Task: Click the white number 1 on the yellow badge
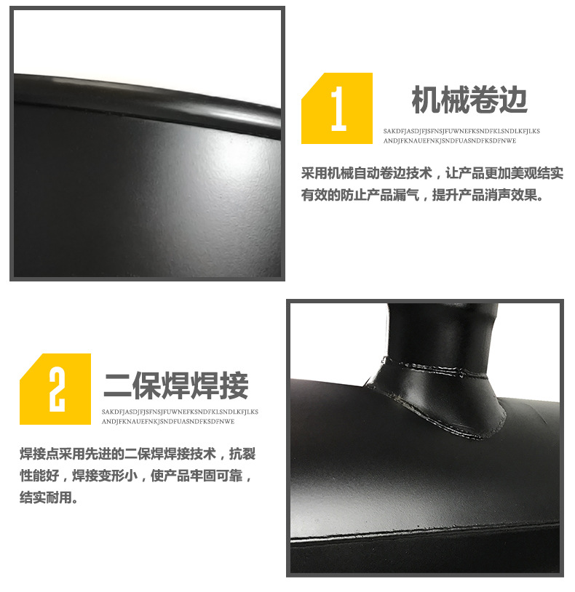(339, 109)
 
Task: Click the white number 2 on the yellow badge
(57, 390)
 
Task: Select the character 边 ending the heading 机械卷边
(512, 100)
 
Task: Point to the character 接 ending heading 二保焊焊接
(234, 385)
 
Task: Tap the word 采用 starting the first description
(314, 173)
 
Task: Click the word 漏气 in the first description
(405, 195)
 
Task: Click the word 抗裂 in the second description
(242, 454)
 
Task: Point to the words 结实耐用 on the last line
(46, 497)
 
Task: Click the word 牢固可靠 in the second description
(216, 476)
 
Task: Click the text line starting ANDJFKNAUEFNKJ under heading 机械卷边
(450, 141)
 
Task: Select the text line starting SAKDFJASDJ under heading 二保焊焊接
(180, 412)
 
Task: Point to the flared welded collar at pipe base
(438, 396)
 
